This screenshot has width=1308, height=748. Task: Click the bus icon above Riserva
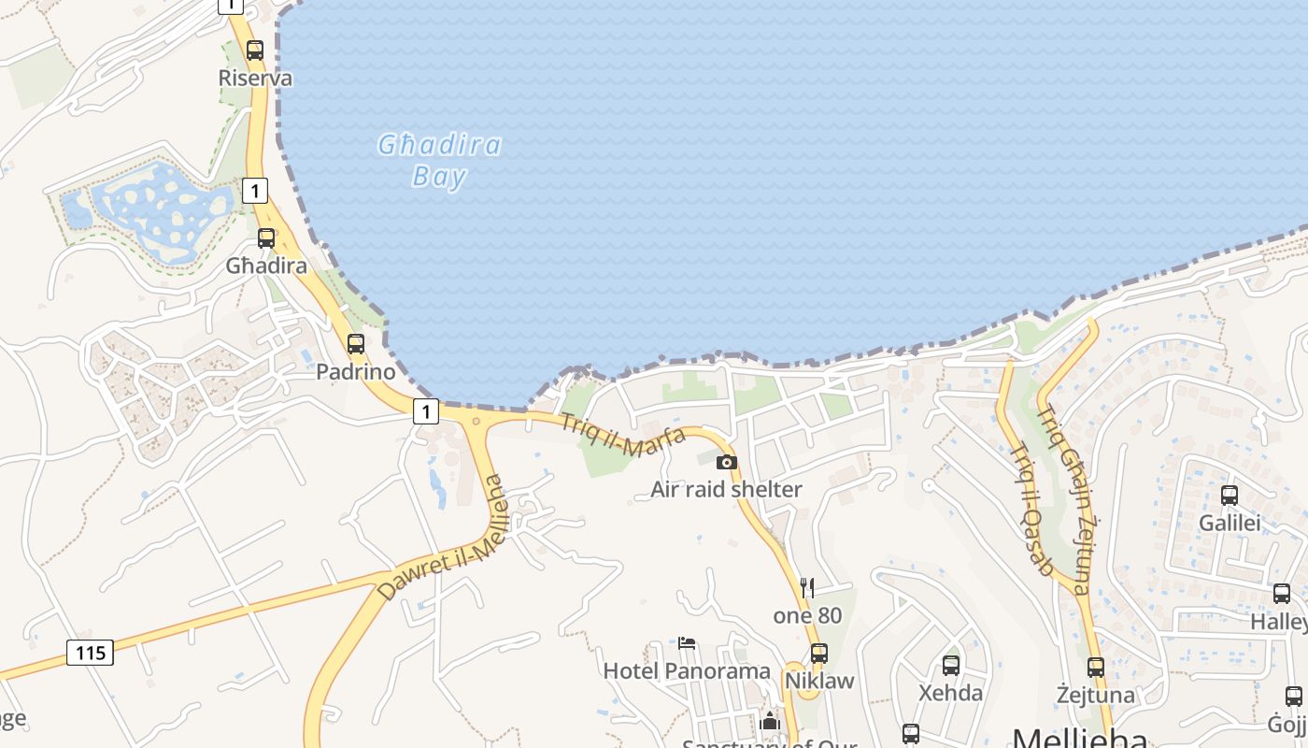coord(254,50)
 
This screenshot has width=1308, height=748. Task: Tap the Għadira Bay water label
coord(439,160)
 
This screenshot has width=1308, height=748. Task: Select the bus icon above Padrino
coord(355,343)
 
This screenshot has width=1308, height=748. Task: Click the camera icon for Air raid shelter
coord(726,462)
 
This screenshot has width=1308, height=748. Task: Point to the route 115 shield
coord(91,652)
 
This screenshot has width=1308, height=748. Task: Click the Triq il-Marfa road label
coord(622,435)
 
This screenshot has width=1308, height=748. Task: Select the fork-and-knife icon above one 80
coord(807,587)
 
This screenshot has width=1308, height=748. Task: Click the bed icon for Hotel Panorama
coord(687,643)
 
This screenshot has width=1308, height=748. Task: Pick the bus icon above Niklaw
coord(819,653)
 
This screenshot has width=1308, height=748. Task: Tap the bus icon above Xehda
coord(950,666)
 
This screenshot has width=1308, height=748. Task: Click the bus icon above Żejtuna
coord(1095,668)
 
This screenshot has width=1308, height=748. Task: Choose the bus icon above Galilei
coord(1230,496)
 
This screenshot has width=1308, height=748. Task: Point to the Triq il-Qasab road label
coord(1032,509)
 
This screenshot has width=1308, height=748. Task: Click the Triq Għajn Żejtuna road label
coord(1064,500)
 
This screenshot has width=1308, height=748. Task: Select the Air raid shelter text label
coord(726,489)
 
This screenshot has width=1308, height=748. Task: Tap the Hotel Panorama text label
coord(687,670)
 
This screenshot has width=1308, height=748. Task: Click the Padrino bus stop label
coord(355,371)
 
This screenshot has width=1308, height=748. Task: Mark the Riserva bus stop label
coord(255,78)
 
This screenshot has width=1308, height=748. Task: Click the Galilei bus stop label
coord(1230,523)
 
